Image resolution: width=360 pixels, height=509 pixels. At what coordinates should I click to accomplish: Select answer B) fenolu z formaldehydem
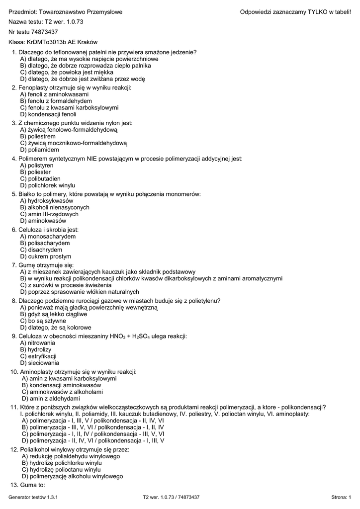(x=56, y=100)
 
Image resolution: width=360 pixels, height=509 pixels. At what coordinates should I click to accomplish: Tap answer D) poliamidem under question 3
(x=39, y=150)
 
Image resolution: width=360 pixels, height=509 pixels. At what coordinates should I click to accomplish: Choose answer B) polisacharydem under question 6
(x=45, y=243)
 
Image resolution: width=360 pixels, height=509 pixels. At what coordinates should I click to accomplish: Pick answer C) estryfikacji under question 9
(x=38, y=356)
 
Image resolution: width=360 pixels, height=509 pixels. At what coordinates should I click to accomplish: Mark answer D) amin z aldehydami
(x=50, y=399)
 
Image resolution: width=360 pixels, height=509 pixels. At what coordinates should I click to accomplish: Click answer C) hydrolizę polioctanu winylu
(x=61, y=469)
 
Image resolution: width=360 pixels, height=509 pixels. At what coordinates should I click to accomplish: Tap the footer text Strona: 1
(x=341, y=497)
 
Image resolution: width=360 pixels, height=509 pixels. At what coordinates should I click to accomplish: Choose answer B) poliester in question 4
(x=35, y=172)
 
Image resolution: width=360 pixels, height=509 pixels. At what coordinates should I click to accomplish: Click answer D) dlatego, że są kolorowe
(x=56, y=328)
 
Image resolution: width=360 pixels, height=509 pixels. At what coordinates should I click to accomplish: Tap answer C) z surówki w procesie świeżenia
(x=66, y=285)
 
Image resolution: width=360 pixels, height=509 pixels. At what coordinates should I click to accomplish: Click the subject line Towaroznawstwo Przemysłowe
(x=66, y=12)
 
